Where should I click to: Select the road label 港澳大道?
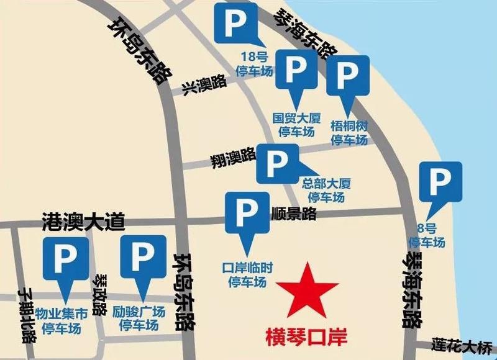click(x=83, y=220)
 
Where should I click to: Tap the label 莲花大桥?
click(x=458, y=344)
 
